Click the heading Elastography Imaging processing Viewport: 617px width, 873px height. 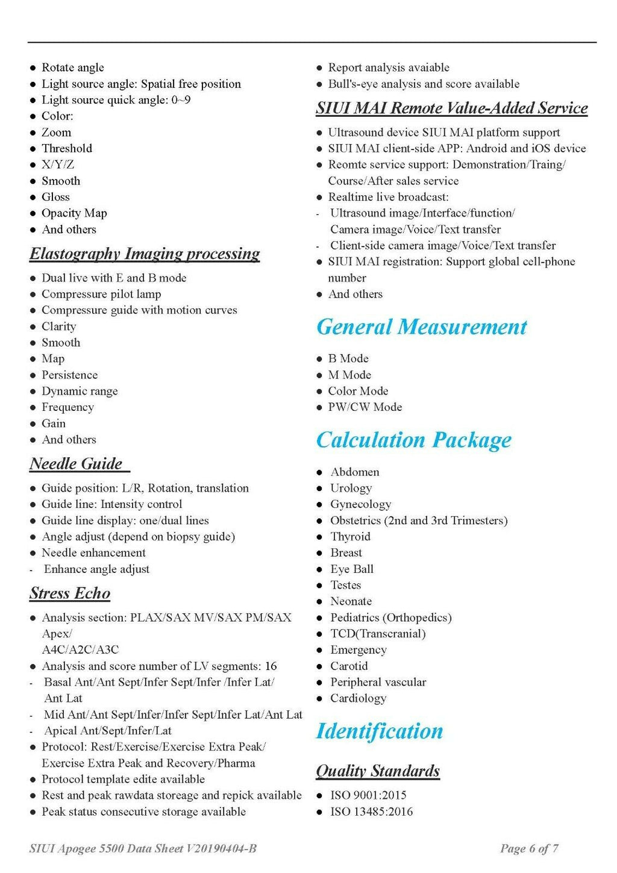coord(145,254)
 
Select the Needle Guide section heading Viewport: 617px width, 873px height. coord(77,464)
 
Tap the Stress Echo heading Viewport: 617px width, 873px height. coord(70,593)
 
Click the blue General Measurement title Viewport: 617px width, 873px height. coord(422,327)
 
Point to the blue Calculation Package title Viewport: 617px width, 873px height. coord(414,440)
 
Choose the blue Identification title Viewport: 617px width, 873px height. coord(380,731)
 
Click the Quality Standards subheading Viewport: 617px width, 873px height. coord(378,771)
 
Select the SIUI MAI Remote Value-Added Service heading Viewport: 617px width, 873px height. coord(452,108)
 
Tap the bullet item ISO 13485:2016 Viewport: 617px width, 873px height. coord(371,812)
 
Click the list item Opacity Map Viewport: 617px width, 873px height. coord(74,213)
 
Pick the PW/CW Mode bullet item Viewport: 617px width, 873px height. coord(365,407)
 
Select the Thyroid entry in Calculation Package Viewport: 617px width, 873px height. coord(350,537)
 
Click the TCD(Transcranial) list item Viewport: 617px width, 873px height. coord(378,634)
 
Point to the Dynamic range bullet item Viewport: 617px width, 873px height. coord(80,391)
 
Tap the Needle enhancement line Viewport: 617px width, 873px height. coord(93,553)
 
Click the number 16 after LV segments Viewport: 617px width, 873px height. coord(271,666)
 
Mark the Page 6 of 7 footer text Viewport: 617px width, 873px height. coord(529,849)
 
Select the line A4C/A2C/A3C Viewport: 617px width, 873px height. coord(80,650)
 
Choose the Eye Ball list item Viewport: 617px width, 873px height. coord(352,569)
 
